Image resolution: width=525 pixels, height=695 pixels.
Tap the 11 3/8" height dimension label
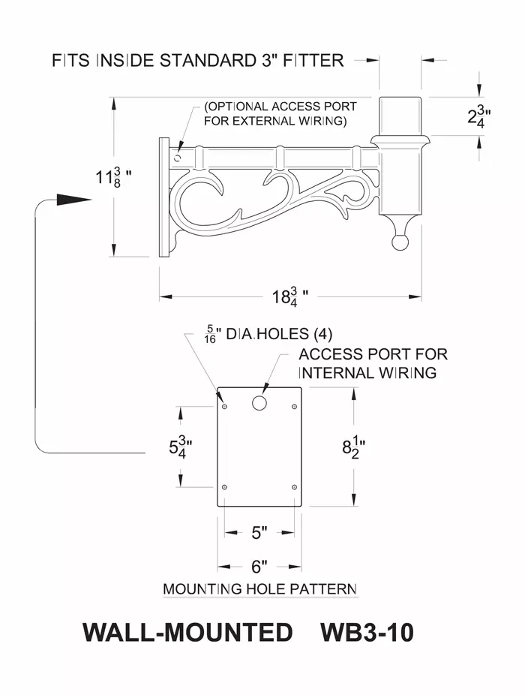(x=113, y=178)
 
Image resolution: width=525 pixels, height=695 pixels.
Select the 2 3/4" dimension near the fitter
(x=479, y=116)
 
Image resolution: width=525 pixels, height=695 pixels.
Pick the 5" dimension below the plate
(x=259, y=533)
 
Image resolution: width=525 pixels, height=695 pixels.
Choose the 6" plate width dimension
(x=259, y=566)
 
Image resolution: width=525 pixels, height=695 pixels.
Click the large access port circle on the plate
(x=259, y=403)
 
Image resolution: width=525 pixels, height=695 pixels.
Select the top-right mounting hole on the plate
(x=294, y=406)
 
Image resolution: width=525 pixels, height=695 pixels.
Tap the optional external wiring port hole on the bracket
(x=177, y=158)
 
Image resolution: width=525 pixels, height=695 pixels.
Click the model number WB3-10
(x=367, y=633)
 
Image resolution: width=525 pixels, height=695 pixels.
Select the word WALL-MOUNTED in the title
(x=187, y=633)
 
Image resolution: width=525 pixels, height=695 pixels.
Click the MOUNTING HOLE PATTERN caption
(x=259, y=589)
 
